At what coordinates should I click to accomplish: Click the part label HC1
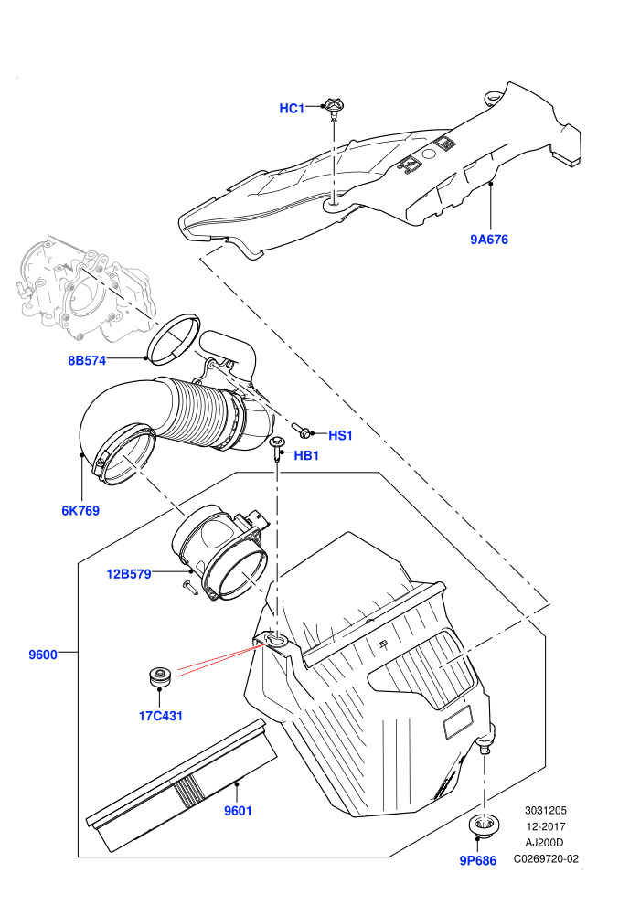pos(292,109)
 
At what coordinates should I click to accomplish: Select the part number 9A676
pos(489,240)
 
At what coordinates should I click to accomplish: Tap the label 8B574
pos(87,361)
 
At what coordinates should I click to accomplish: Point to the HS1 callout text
pos(340,435)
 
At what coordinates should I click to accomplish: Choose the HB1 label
pos(306,456)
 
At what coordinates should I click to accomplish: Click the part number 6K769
pos(80,510)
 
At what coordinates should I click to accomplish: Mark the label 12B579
pos(129,574)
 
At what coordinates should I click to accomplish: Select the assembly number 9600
pos(43,655)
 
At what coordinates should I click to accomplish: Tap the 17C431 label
pos(161,716)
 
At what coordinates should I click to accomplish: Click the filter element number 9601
pos(239,811)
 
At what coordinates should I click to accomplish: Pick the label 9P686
pos(478,860)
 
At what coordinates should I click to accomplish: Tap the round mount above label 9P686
pos(481,826)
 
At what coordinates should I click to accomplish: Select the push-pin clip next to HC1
pos(333,109)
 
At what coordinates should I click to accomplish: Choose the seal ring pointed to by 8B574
pos(174,338)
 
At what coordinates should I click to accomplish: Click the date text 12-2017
pos(545,826)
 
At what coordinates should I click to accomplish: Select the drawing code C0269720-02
pos(546,858)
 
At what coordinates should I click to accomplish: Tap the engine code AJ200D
pos(545,843)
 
